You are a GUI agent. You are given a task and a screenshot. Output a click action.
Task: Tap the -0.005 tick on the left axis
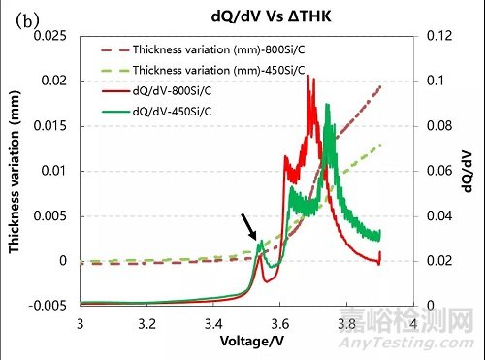[x=49, y=305]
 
